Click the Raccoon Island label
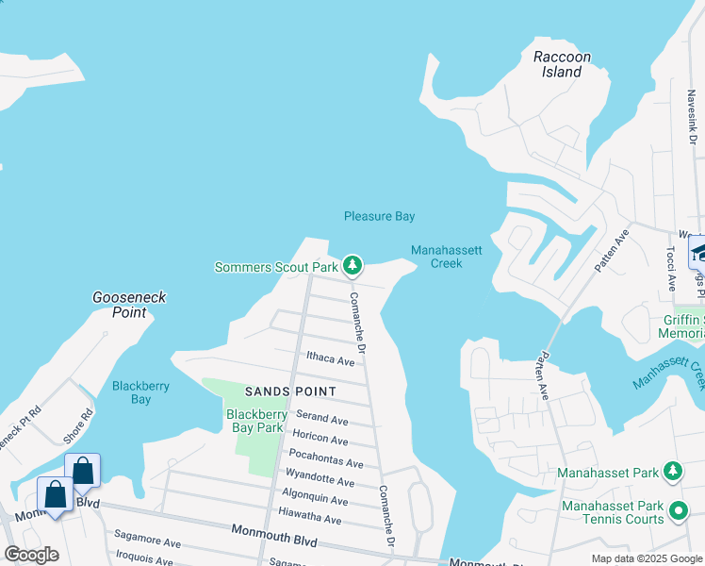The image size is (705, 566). [562, 64]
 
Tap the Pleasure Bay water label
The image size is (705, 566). [379, 216]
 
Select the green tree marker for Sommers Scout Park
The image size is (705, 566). [352, 267]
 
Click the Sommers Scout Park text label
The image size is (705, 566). [276, 268]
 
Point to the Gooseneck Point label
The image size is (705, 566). [129, 305]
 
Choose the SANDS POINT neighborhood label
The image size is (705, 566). [291, 391]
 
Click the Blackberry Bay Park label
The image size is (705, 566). [256, 421]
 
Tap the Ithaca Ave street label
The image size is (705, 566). [330, 360]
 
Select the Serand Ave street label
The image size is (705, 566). [322, 418]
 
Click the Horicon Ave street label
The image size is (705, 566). [320, 439]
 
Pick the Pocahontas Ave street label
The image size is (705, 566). [326, 463]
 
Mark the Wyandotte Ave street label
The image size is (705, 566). [320, 481]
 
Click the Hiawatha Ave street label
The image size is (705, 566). [310, 519]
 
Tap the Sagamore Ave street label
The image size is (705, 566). [148, 543]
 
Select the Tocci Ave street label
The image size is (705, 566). [671, 269]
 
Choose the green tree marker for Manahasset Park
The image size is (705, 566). [672, 471]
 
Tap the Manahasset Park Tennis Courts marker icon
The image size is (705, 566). [678, 512]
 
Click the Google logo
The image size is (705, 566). [31, 555]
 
